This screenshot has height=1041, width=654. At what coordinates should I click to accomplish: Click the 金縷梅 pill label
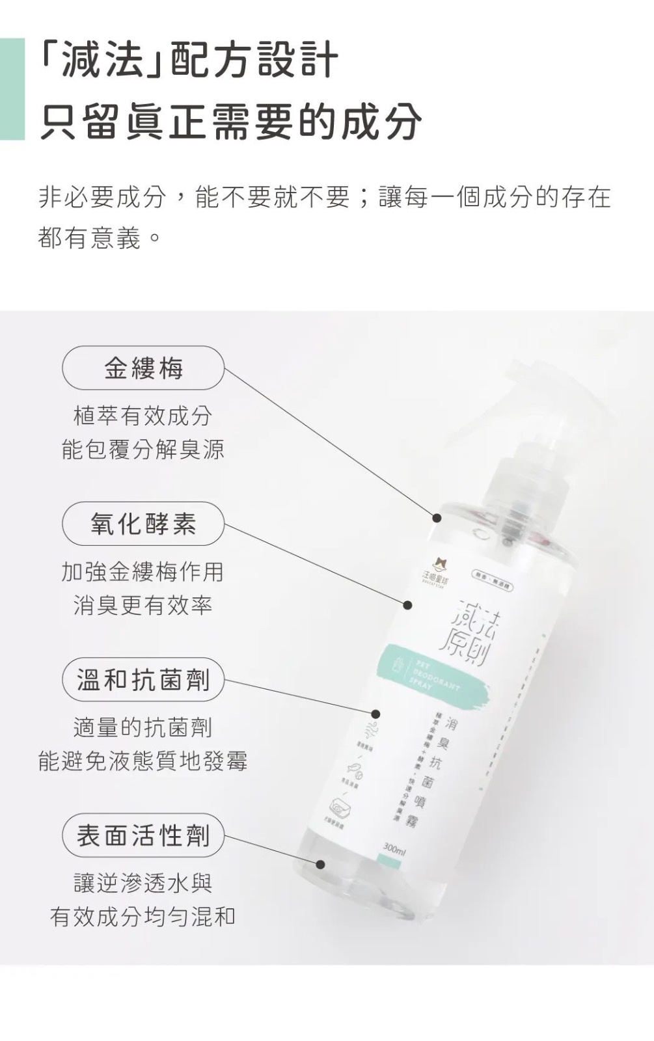click(x=143, y=369)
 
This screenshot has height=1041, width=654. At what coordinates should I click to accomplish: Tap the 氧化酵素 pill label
click(x=143, y=524)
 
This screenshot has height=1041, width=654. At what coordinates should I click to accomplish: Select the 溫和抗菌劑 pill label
click(x=143, y=680)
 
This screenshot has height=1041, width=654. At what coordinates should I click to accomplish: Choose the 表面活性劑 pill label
click(x=143, y=835)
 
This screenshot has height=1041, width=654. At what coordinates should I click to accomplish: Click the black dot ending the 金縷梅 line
click(x=437, y=518)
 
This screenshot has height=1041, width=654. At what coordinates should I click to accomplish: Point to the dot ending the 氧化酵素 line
click(x=407, y=605)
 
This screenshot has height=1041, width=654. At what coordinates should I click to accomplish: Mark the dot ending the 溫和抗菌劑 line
click(x=375, y=714)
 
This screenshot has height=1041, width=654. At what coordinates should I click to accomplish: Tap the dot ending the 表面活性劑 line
click(x=320, y=864)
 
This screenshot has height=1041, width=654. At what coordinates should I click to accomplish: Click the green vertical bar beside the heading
click(x=12, y=89)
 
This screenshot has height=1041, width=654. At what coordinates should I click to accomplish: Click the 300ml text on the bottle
click(x=394, y=849)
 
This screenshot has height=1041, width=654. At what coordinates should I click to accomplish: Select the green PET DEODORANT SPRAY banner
click(x=429, y=677)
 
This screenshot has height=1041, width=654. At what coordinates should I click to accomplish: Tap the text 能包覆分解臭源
click(x=143, y=450)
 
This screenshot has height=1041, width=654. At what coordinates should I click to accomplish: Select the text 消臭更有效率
click(x=143, y=606)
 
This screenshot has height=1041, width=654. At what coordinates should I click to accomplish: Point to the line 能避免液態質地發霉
click(x=143, y=761)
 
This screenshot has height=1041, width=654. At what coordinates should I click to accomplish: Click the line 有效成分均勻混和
click(x=143, y=917)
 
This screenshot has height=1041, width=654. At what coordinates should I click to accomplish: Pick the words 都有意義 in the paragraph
click(x=89, y=238)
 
